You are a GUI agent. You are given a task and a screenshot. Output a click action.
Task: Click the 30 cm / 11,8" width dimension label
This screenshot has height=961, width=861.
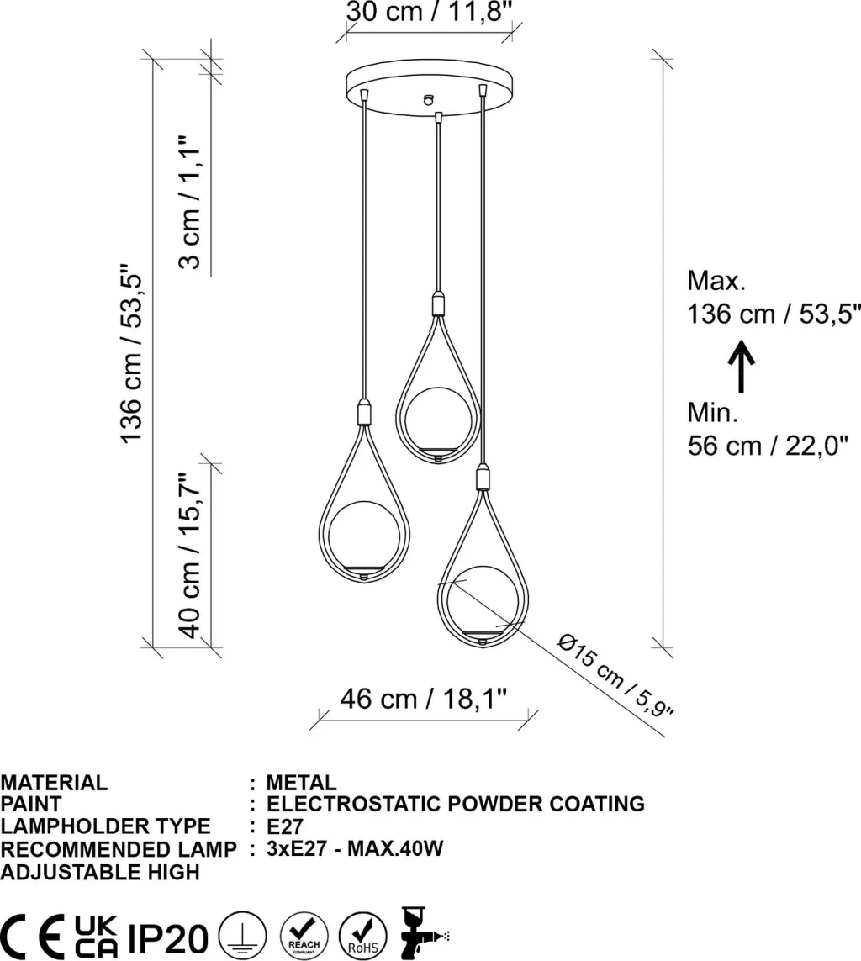[x=429, y=11]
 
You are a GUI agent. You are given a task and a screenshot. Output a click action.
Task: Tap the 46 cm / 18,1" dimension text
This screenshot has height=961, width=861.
[x=424, y=698]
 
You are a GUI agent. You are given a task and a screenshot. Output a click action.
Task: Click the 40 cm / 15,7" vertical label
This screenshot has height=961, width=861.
[x=189, y=555]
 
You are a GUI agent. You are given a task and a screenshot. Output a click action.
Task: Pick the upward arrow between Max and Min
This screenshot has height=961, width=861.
[x=741, y=366]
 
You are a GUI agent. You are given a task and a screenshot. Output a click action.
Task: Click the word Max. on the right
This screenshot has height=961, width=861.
[x=716, y=281]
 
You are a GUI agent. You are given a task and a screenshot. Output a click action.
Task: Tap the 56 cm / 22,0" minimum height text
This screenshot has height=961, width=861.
[x=768, y=446]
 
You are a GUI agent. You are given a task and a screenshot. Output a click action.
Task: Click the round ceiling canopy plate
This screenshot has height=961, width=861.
[x=429, y=87]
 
